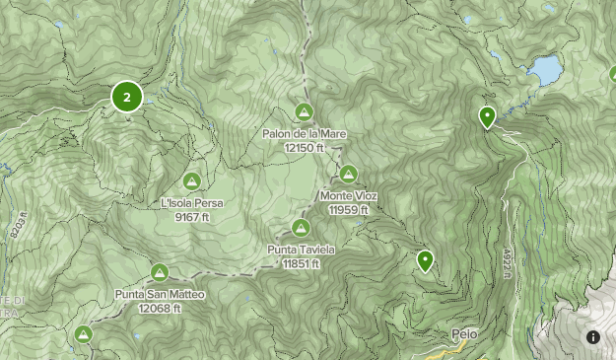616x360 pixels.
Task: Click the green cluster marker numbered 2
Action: coord(127,97)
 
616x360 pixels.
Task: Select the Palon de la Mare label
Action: coord(305,133)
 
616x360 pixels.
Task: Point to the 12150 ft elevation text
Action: coord(305,147)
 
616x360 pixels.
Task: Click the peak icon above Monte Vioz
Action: coord(349,175)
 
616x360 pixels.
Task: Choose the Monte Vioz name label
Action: coord(349,195)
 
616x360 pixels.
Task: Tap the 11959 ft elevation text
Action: coord(349,209)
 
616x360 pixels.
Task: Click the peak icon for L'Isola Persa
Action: coord(192,181)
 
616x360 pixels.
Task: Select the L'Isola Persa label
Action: coord(192,203)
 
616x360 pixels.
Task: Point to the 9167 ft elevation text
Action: coord(192,216)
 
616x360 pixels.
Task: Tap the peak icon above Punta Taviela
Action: coord(302,228)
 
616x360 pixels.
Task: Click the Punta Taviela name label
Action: coord(302,250)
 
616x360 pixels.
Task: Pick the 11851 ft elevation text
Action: coord(302,263)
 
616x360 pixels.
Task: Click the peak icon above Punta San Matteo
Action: coord(160,272)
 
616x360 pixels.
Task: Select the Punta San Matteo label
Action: coord(160,294)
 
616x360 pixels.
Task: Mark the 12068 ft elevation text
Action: coord(160,308)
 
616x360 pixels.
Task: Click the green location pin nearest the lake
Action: coord(487,117)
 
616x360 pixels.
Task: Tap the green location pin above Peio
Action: coord(426,260)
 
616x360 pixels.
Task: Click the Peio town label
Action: coord(464,333)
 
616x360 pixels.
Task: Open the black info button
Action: coord(593,337)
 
